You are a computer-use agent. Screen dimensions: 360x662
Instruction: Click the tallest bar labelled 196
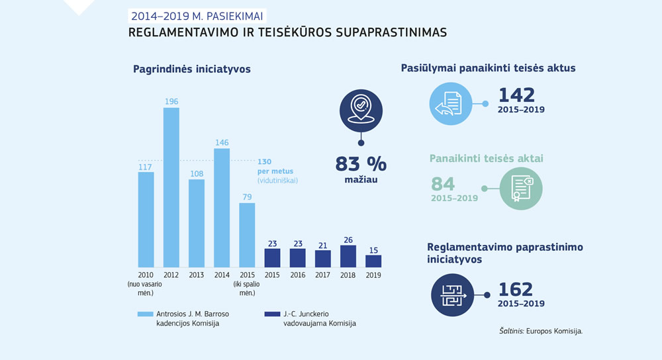[171, 187]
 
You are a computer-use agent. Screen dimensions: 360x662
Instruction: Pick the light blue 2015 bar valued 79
[247, 234]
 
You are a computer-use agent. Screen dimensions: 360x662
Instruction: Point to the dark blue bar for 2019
[373, 261]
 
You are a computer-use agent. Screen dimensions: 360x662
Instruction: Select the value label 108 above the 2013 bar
[197, 173]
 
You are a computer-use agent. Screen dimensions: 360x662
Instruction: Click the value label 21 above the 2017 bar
[323, 245]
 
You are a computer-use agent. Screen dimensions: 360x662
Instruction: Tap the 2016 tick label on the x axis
[298, 275]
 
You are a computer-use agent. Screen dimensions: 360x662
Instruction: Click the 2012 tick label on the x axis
[171, 275]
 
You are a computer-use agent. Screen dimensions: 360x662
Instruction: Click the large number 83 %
[361, 163]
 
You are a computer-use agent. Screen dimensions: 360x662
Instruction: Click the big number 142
[516, 95]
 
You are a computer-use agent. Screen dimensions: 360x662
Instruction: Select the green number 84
[444, 184]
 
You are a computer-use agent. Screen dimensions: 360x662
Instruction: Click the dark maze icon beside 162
[450, 295]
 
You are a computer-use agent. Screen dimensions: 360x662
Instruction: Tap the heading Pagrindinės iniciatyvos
[192, 69]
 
